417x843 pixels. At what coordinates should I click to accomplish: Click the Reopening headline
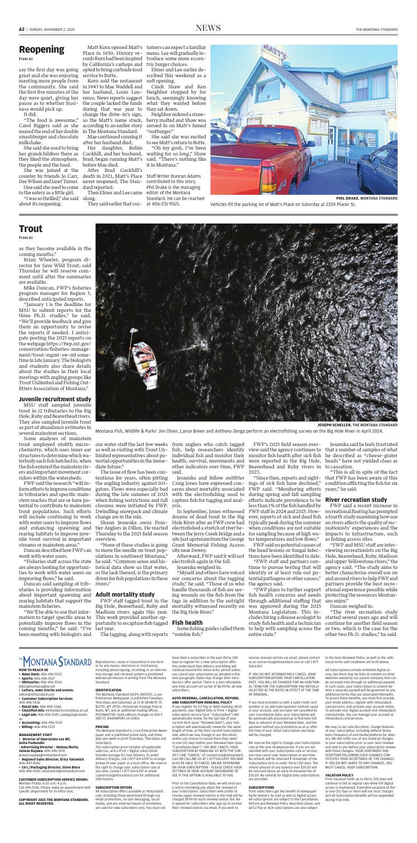(41, 49)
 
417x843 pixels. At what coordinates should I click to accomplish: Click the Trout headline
(30, 229)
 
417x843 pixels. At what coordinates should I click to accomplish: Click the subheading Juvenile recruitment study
(55, 399)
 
